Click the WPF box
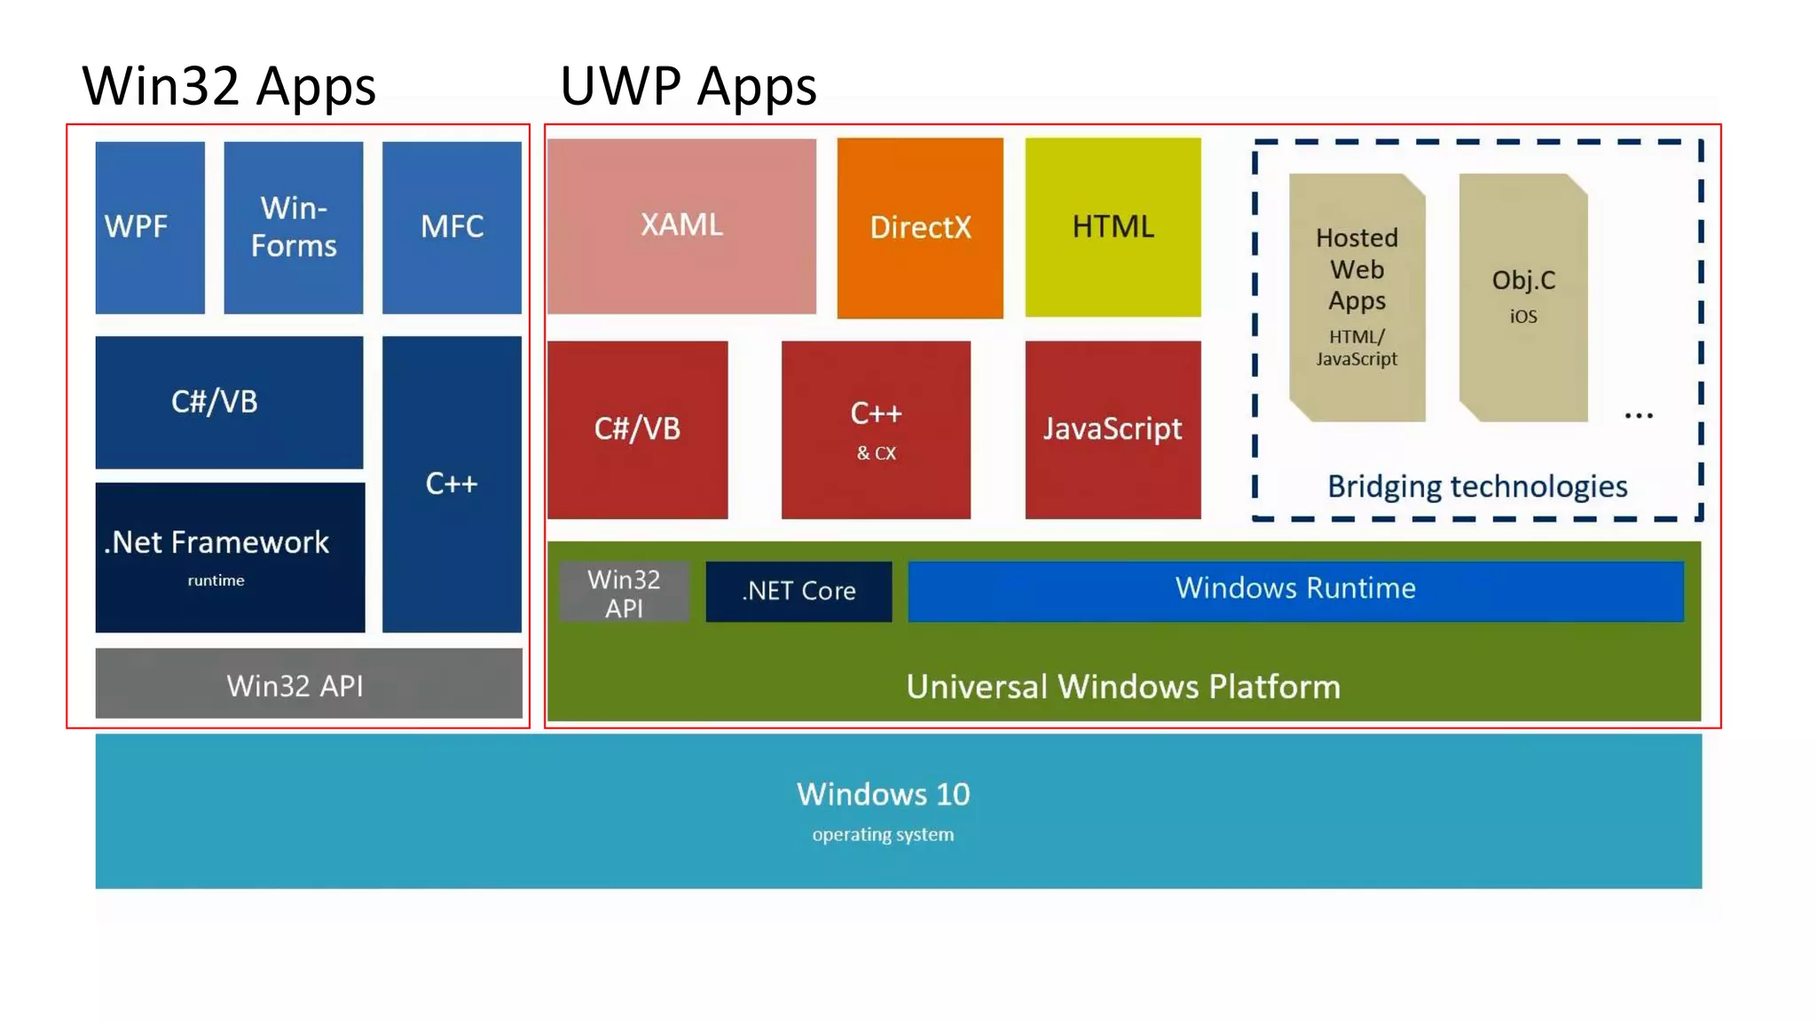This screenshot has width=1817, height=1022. [150, 227]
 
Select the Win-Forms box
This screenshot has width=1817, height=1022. [293, 227]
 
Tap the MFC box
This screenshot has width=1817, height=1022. [452, 227]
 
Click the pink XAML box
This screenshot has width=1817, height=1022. [681, 225]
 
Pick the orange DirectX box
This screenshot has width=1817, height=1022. [920, 227]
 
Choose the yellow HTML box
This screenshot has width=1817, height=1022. [1113, 227]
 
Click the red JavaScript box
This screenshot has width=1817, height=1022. [1113, 429]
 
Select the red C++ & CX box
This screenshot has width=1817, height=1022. [876, 429]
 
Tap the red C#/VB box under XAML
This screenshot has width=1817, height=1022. [637, 429]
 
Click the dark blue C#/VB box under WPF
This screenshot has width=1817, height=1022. [229, 402]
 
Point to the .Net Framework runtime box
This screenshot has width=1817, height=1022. [230, 556]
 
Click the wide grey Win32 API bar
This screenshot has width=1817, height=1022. [308, 684]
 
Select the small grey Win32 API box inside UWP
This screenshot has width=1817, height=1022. [624, 593]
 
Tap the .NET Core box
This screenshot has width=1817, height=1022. [798, 591]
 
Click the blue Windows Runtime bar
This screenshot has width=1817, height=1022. [1295, 589]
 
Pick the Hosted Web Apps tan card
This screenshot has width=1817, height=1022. [1357, 297]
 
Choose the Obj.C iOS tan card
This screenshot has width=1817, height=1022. [1522, 297]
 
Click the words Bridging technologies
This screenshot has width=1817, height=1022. [1477, 486]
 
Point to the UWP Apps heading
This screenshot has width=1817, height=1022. [688, 86]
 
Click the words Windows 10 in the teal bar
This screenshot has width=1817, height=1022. [883, 794]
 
